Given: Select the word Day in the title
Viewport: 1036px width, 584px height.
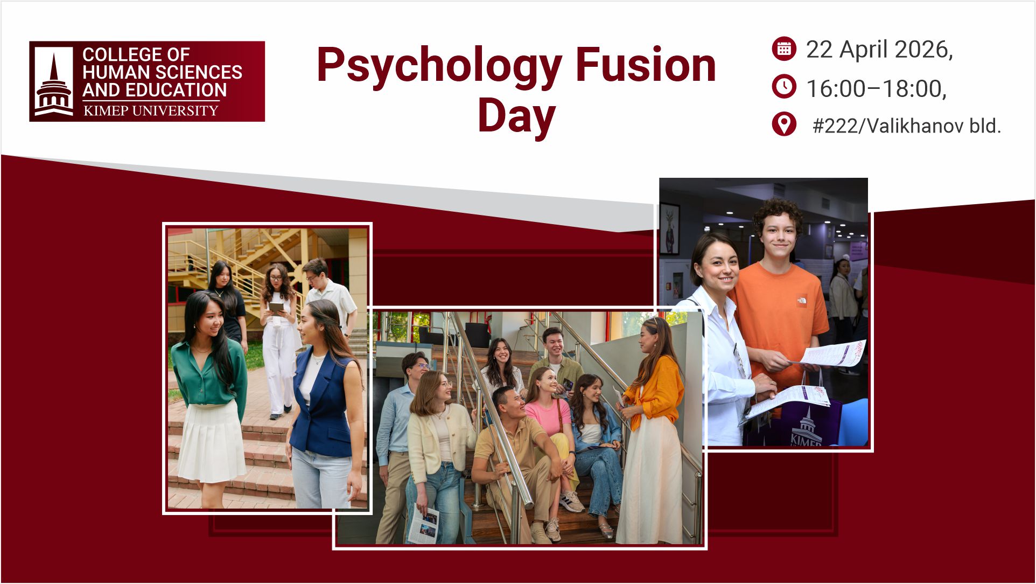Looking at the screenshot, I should point(516,115).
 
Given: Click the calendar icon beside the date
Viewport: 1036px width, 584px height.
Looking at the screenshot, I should point(784,48).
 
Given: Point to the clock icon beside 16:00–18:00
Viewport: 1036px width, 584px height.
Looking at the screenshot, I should point(784,87).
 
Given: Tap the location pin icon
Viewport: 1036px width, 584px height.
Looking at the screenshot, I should point(784,124).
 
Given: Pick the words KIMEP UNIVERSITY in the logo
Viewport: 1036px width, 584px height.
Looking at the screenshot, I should point(151,111).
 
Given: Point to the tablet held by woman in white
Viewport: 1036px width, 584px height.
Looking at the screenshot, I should point(276,308).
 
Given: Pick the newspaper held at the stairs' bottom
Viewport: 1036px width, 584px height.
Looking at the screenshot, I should point(423,525).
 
